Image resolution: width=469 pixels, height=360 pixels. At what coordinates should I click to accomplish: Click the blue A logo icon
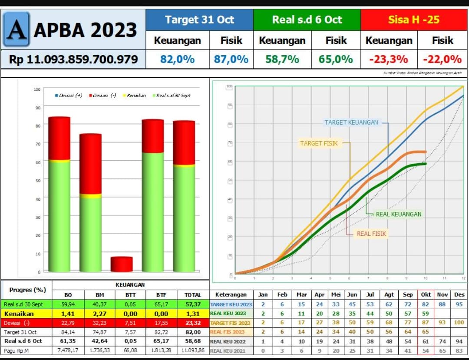(x=17, y=29)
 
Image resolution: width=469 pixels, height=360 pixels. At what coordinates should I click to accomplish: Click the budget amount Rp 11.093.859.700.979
(x=73, y=59)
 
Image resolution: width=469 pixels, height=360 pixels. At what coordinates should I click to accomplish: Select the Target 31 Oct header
(x=199, y=20)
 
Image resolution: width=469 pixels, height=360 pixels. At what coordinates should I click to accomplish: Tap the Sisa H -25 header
(x=413, y=20)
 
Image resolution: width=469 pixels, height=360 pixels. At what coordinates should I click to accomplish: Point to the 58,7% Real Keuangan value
(x=282, y=59)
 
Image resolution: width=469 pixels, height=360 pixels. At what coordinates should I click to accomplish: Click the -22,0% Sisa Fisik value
(x=442, y=59)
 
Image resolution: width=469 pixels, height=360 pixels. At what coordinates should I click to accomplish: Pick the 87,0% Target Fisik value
(x=231, y=59)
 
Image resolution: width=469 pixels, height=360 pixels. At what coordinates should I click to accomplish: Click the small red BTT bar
(x=122, y=264)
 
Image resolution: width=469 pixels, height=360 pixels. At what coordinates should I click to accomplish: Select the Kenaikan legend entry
(x=136, y=96)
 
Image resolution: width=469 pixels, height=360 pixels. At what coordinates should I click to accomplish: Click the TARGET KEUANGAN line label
(x=351, y=122)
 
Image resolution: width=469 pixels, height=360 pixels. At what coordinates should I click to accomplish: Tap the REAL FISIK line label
(x=371, y=234)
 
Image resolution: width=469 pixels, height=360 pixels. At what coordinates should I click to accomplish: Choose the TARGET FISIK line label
(x=319, y=143)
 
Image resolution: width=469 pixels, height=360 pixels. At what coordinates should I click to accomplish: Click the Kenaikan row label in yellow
(x=19, y=314)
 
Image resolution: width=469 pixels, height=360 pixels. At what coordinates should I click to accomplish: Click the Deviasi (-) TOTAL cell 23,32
(x=192, y=323)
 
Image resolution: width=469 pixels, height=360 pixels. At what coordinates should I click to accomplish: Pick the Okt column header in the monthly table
(x=426, y=294)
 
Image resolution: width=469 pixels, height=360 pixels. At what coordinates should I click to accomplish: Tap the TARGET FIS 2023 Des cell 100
(x=459, y=323)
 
